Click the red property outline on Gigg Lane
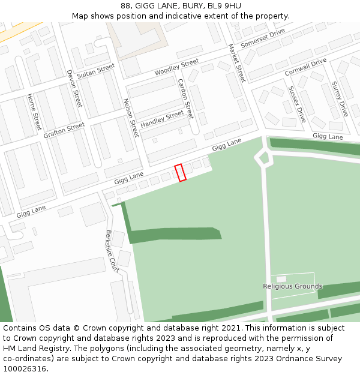click(x=180, y=172)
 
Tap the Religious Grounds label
click(x=292, y=286)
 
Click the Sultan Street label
click(x=96, y=71)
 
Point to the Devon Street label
click(x=74, y=88)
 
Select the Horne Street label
click(x=33, y=112)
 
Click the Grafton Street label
click(x=64, y=130)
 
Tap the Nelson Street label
click(x=130, y=118)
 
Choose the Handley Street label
click(x=162, y=119)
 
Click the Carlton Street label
click(x=185, y=98)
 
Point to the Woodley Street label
click(x=176, y=67)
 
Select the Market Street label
click(x=237, y=63)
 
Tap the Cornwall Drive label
click(x=305, y=67)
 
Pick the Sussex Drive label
click(x=296, y=104)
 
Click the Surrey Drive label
click(x=340, y=100)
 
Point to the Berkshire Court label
click(x=112, y=252)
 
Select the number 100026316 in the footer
click(x=25, y=368)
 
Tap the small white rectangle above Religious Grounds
click(x=281, y=279)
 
